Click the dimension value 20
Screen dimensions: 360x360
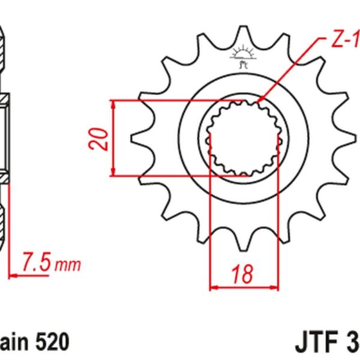click(102, 138)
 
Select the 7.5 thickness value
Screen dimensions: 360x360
click(37, 263)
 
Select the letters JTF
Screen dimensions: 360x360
click(316, 343)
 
